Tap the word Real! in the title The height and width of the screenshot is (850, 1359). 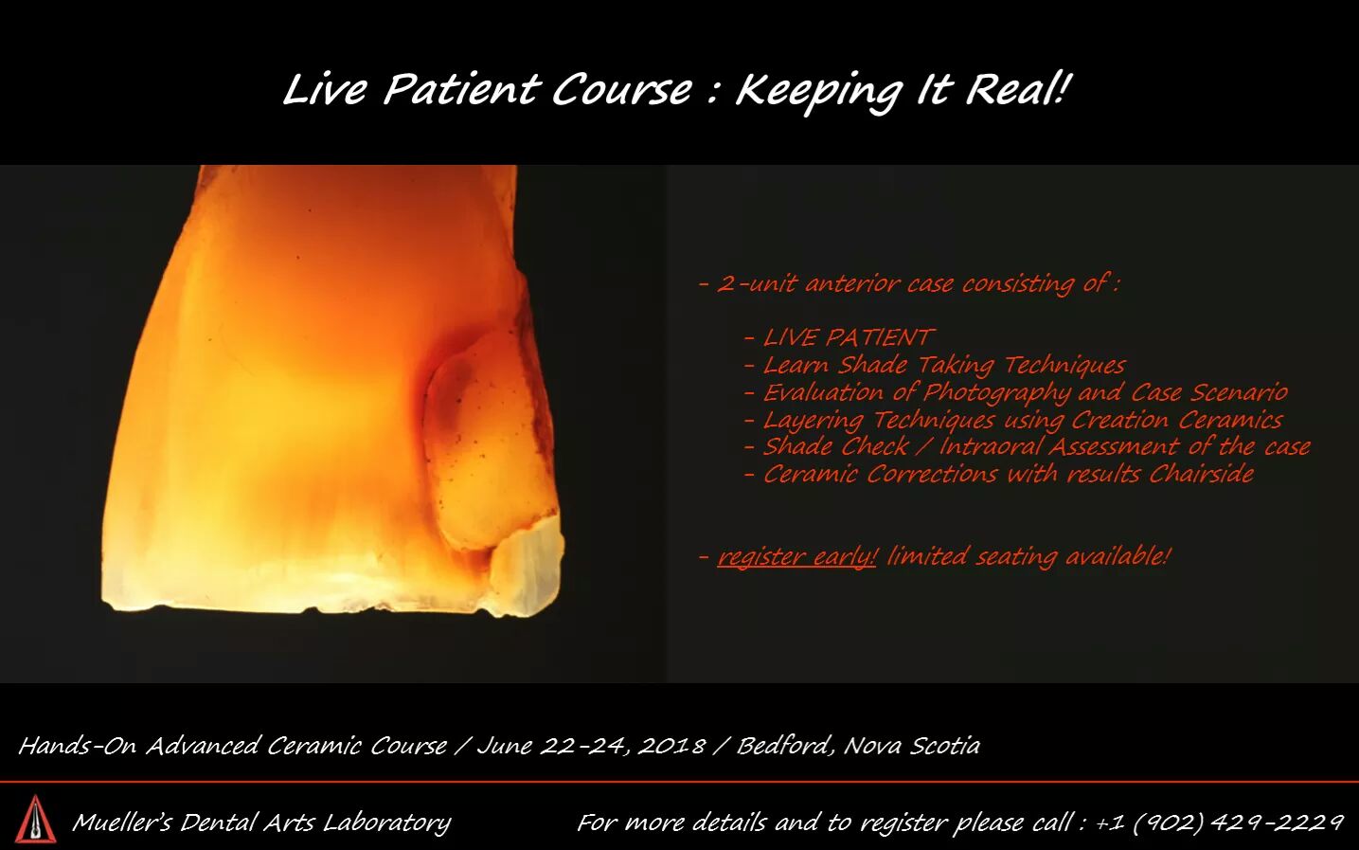pyautogui.click(x=1015, y=89)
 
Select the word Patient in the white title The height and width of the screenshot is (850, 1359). pyautogui.click(x=461, y=89)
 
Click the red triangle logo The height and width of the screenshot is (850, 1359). pyautogui.click(x=36, y=819)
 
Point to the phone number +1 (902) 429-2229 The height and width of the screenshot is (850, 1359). pyautogui.click(x=1220, y=823)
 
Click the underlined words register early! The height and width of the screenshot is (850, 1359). pyautogui.click(x=796, y=557)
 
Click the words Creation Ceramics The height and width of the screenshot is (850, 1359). pyautogui.click(x=1176, y=420)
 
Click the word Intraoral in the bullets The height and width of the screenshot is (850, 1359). pyautogui.click(x=991, y=447)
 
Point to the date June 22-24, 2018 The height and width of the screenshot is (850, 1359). pyautogui.click(x=592, y=746)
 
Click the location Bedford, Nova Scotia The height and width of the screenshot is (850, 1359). pyautogui.click(x=858, y=746)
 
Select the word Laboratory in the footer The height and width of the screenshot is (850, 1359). pyautogui.click(x=387, y=823)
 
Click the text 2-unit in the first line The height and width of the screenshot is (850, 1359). pyautogui.click(x=756, y=283)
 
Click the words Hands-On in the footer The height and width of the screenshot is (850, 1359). pyautogui.click(x=79, y=746)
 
